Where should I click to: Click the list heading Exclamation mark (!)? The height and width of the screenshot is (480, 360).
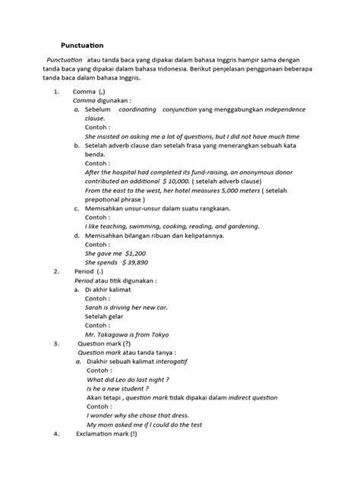[106, 434]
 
